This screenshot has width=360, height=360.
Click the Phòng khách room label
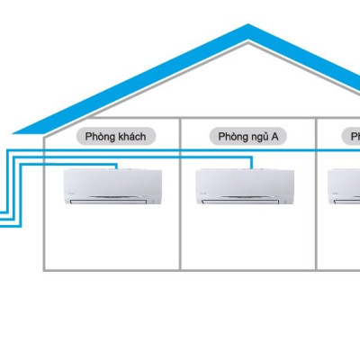click(115, 137)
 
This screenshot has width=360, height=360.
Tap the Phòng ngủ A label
click(248, 137)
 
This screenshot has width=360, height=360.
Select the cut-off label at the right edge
click(353, 137)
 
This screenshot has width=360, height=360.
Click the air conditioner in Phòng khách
click(112, 188)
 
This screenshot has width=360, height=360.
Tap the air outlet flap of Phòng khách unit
click(112, 203)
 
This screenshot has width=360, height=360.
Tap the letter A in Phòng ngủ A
click(275, 137)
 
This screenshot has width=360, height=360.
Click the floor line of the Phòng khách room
click(112, 268)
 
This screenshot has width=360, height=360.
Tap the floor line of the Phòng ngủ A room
click(248, 268)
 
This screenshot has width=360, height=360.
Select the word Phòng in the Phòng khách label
click(101, 137)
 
